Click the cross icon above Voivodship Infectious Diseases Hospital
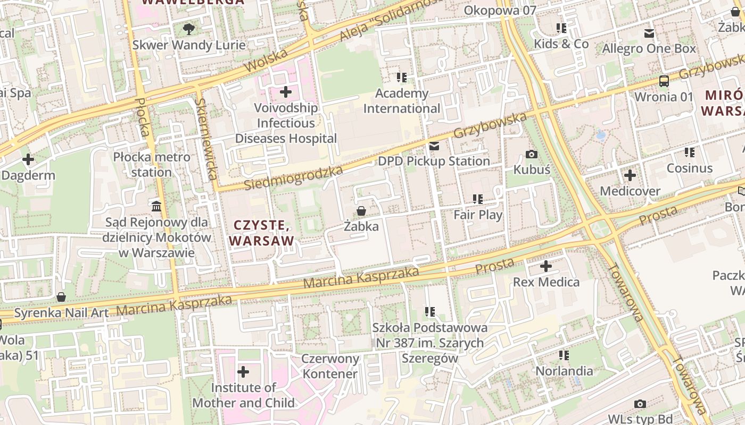[286, 92]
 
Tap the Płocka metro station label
[152, 165]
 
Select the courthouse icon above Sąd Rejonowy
[156, 206]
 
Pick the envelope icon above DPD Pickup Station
[435, 146]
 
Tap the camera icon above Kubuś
[531, 155]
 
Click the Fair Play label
[478, 215]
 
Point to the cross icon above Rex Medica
[546, 266]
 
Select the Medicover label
[630, 191]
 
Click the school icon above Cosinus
[690, 153]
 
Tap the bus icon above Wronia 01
[664, 81]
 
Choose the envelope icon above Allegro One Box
[649, 33]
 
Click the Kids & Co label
[561, 44]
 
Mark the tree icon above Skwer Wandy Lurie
[188, 29]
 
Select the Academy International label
[402, 101]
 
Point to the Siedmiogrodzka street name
[294, 178]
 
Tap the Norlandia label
[564, 370]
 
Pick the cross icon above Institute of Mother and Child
[243, 372]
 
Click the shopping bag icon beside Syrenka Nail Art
[61, 297]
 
